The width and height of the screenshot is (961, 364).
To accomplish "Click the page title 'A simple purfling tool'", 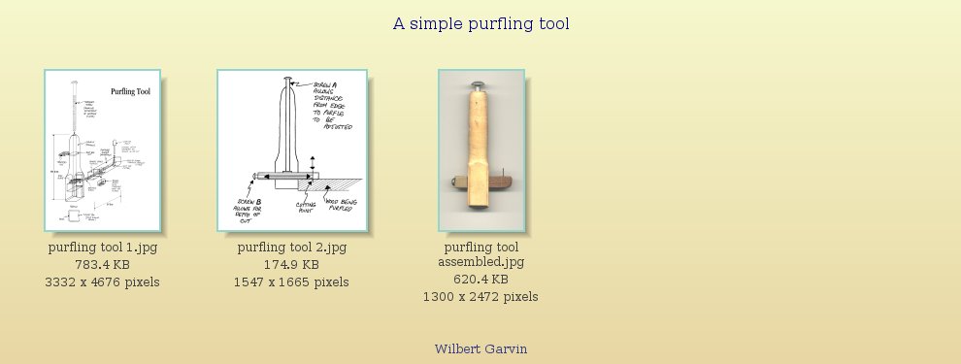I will [x=480, y=23].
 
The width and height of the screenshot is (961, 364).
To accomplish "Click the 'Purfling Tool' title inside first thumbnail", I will [x=130, y=92].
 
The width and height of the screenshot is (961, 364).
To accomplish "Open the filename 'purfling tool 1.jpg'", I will [x=102, y=248].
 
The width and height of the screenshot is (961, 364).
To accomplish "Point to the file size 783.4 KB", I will [x=102, y=265].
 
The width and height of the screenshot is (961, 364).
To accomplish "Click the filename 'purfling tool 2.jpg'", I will [x=291, y=248].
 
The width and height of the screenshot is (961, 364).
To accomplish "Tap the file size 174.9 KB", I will [x=291, y=265].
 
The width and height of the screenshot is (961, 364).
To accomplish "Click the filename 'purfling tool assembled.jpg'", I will [x=480, y=254].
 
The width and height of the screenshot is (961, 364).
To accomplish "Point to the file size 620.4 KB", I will [x=480, y=280].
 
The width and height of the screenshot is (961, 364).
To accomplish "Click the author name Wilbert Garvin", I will [x=480, y=348].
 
